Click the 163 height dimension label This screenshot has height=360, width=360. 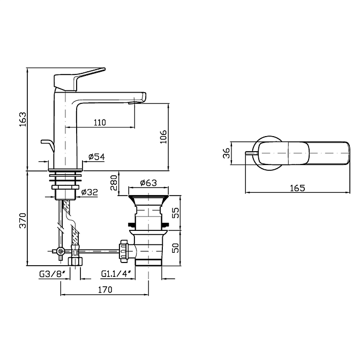(x=23, y=119)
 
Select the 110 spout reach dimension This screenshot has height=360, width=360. (x=100, y=122)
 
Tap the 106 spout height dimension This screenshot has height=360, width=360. (x=163, y=137)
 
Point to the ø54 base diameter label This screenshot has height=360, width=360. (x=96, y=157)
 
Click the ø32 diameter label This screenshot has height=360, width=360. (x=89, y=192)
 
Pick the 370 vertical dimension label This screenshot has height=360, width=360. (x=22, y=221)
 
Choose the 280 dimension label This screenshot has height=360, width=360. (x=114, y=183)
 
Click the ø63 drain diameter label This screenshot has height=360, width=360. (x=148, y=183)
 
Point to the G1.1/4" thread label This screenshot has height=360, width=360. (x=116, y=274)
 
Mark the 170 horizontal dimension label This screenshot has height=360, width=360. (x=105, y=290)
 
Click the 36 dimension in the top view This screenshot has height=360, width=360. (x=227, y=153)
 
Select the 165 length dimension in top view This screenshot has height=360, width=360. (x=297, y=188)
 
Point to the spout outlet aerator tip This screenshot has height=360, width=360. (x=132, y=103)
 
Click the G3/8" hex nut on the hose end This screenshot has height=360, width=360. (x=75, y=261)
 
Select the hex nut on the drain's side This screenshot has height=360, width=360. (x=123, y=251)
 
